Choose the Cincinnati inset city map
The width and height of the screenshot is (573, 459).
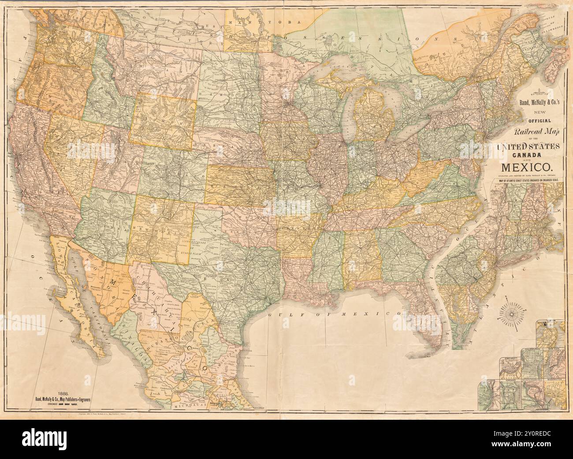coord(510,361)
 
